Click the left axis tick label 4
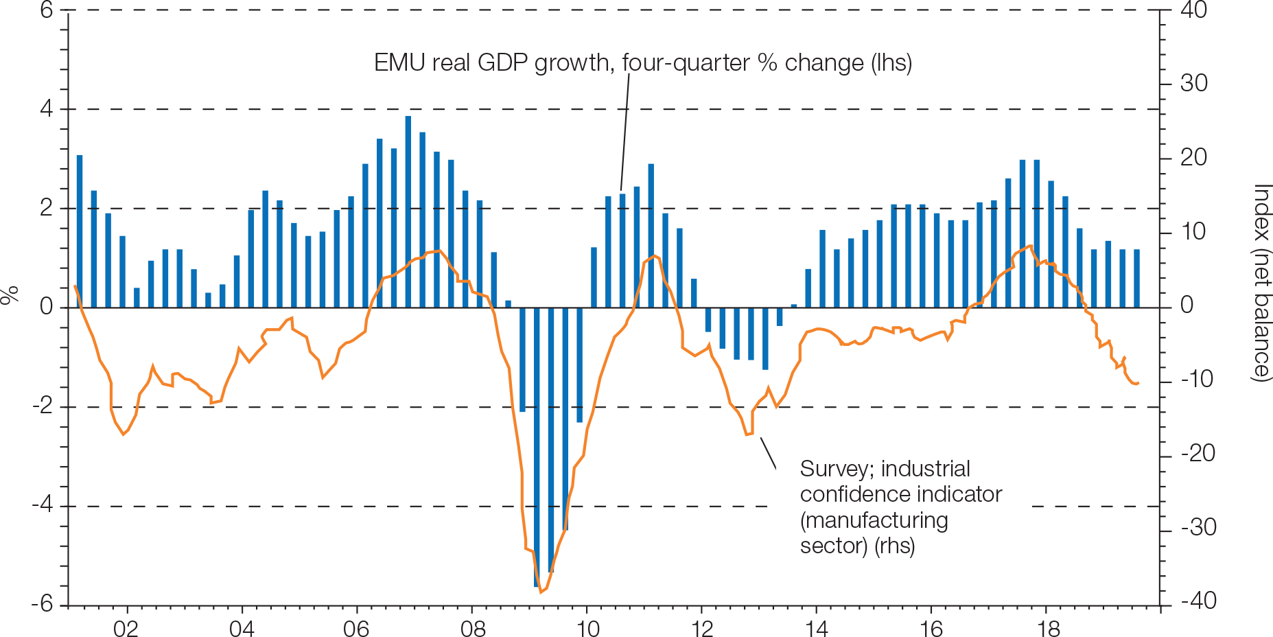point(47,108)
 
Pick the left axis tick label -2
point(43,406)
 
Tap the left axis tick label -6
point(43,604)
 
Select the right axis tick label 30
point(1194,84)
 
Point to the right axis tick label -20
point(1198,454)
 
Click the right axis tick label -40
point(1198,601)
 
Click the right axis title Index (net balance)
point(1261,281)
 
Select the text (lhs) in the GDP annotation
point(891,63)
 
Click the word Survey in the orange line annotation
point(835,469)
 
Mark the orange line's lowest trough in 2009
point(541,591)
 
